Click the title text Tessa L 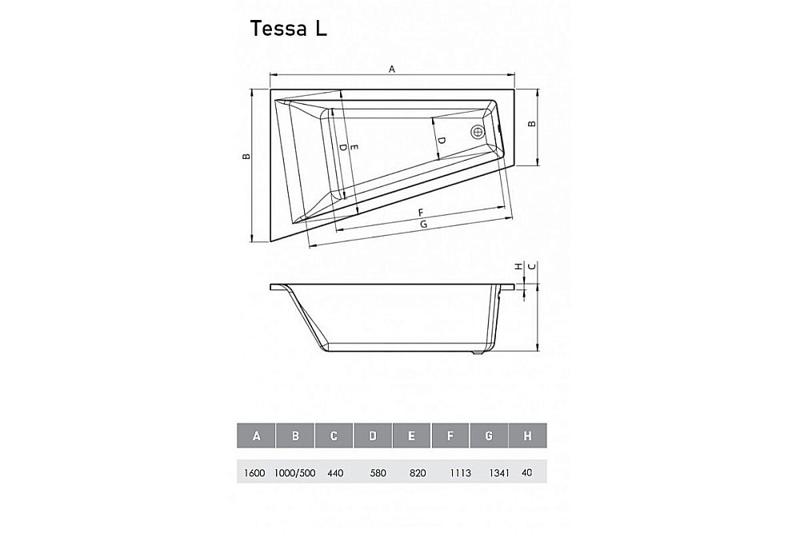[x=288, y=29]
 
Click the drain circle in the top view [x=478, y=133]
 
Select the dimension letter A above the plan [x=392, y=70]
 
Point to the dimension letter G [x=423, y=226]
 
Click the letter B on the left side [x=247, y=156]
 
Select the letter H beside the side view [x=518, y=265]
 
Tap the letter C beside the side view [x=530, y=265]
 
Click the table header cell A [x=256, y=436]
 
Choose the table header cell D [x=373, y=436]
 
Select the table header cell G [x=489, y=436]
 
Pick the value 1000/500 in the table [x=296, y=473]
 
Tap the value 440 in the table [x=334, y=473]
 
